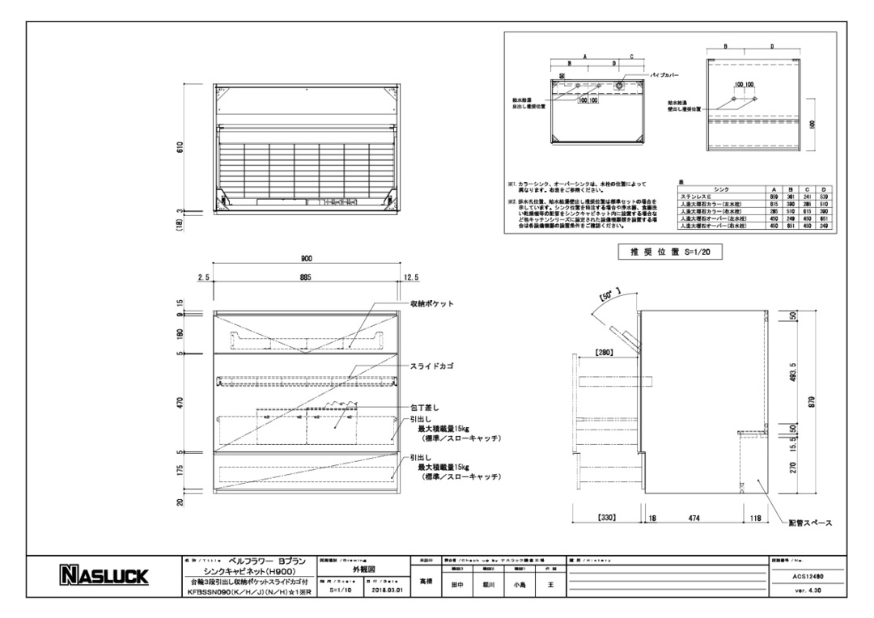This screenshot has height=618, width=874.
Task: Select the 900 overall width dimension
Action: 307,259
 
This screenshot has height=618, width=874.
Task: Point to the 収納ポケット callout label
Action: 432,304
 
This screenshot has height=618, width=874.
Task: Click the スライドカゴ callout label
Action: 431,366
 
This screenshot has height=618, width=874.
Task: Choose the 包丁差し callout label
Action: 426,408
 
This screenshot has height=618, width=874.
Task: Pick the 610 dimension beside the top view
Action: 180,147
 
